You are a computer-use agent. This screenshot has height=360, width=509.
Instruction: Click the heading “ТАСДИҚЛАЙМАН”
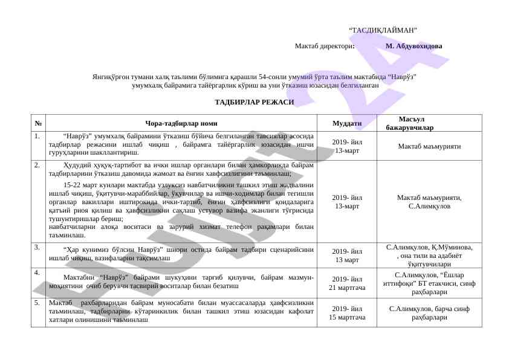click(383, 30)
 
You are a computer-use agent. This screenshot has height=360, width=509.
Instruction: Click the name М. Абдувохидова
click(413, 46)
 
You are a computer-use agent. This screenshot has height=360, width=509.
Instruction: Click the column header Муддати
click(347, 123)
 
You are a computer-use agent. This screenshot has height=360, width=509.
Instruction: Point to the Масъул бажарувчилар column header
click(409, 123)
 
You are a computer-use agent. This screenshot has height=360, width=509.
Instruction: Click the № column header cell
click(38, 123)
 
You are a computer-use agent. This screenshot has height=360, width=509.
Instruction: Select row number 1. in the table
click(37, 137)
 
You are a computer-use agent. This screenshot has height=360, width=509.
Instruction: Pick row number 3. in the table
click(37, 247)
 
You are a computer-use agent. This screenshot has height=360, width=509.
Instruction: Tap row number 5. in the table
click(37, 302)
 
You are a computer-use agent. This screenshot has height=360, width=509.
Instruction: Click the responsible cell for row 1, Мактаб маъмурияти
click(429, 146)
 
